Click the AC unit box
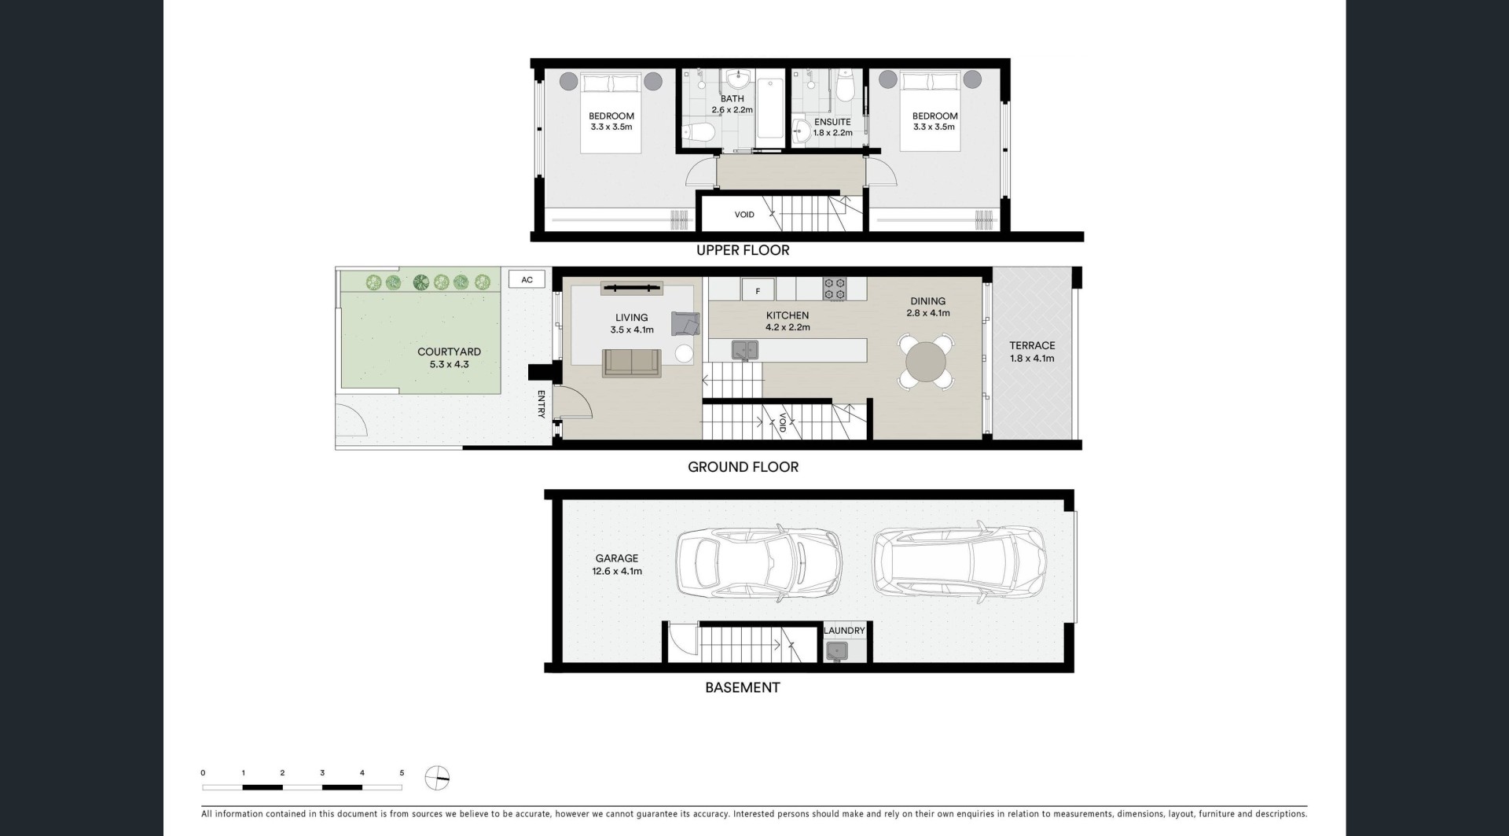527,279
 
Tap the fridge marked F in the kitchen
758,290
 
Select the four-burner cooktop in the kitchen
834,289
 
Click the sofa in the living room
632,363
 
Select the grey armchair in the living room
685,323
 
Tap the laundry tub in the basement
837,651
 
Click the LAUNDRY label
844,631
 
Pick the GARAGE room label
617,558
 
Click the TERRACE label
1032,345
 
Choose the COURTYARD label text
450,352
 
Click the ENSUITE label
832,122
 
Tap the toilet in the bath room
697,134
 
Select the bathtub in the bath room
769,108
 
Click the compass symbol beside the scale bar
436,779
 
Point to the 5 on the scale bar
402,773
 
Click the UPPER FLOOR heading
743,250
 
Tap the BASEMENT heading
743,687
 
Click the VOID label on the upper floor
744,215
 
